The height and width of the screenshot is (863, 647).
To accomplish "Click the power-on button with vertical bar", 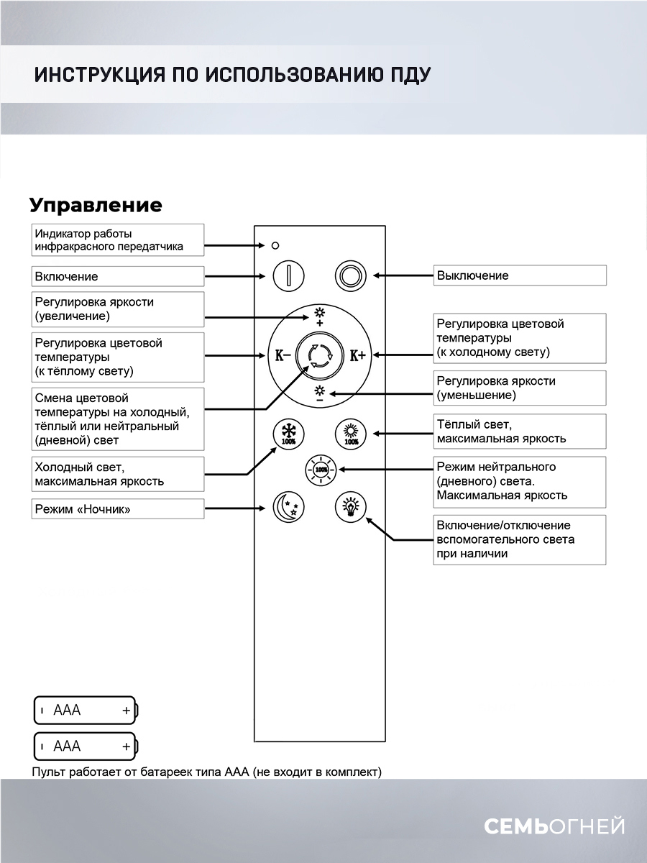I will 288,275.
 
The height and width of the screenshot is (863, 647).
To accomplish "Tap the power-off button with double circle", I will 352,275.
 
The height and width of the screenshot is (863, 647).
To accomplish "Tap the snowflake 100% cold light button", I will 288,435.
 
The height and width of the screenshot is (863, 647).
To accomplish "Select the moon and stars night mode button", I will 288,507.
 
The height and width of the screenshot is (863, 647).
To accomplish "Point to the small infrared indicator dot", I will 275,246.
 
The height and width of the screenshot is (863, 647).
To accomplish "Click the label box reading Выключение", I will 519,275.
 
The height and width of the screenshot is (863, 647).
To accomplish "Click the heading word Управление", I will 96,205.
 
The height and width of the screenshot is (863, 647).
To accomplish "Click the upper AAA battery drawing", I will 86,711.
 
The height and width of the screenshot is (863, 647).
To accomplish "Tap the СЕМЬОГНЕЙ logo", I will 554,826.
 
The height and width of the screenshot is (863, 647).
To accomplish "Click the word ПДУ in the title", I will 408,76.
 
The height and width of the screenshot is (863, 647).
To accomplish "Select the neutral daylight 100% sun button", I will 321,470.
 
